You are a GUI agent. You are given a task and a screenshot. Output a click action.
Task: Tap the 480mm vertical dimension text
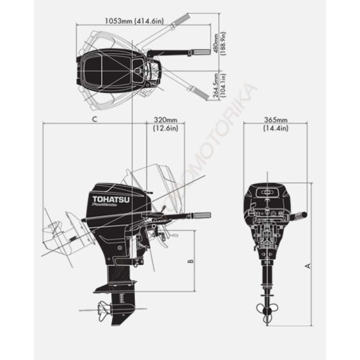point(216,43)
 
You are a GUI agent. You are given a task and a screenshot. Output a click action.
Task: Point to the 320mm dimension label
point(166,120)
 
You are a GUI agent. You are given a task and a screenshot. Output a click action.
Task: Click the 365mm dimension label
point(275,120)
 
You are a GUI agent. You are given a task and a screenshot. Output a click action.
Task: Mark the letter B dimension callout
point(192,261)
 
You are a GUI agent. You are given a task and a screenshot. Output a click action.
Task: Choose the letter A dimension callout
point(308,266)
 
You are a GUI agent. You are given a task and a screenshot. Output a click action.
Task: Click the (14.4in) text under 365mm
point(275,128)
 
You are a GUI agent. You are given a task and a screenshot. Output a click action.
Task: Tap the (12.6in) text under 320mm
point(166,128)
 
